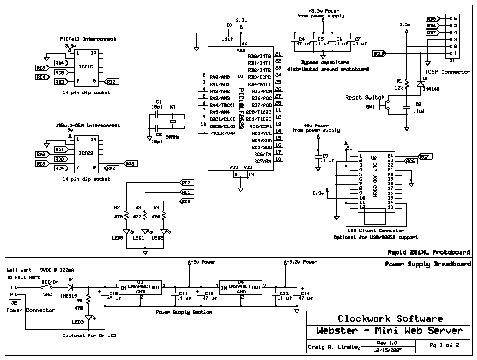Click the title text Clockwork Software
390,318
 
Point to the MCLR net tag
379,53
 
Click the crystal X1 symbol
173,122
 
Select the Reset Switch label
365,98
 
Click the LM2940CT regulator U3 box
140,288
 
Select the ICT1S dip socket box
86,67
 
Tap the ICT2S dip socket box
86,153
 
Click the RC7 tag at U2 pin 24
424,156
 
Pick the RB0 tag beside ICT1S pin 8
112,82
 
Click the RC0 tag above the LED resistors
187,183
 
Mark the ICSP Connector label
444,72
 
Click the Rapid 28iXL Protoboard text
428,252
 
